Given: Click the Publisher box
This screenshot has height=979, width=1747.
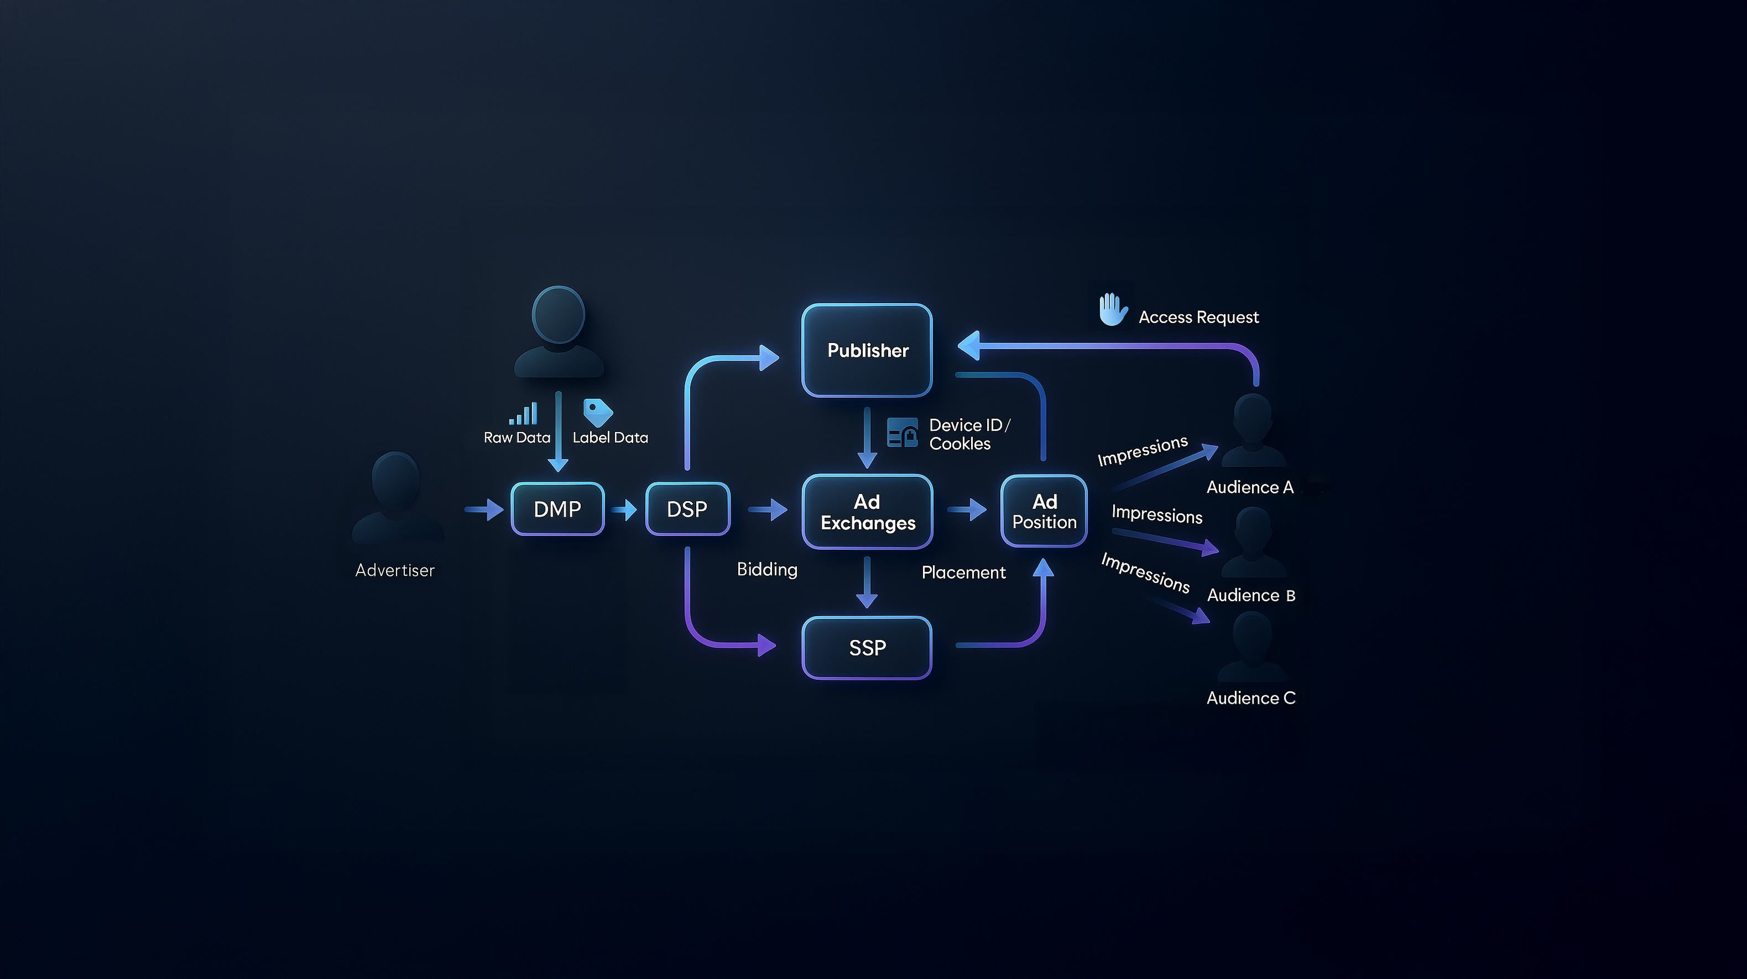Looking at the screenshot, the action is point(867,350).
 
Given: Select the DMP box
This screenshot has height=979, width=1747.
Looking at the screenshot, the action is point(557,509).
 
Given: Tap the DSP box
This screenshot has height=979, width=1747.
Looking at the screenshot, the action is point(687,509).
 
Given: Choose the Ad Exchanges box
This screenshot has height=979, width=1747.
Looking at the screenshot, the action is point(867,512).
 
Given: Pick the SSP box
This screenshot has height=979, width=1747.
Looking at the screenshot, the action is point(867,647).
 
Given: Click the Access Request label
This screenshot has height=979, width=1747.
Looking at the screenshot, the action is point(1198,317).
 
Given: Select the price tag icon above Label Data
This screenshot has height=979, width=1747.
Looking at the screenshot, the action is point(597,413).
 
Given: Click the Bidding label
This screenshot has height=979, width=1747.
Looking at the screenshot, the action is point(767,569).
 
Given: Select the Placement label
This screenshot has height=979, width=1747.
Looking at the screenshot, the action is point(963,572).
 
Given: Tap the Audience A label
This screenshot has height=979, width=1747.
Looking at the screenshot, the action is point(1250,487).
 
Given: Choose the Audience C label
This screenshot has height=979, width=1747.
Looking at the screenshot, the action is point(1250,698).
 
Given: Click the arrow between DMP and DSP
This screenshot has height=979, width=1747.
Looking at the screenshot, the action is point(623,509).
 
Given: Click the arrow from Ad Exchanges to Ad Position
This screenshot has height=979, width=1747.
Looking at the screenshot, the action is point(967,509).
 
